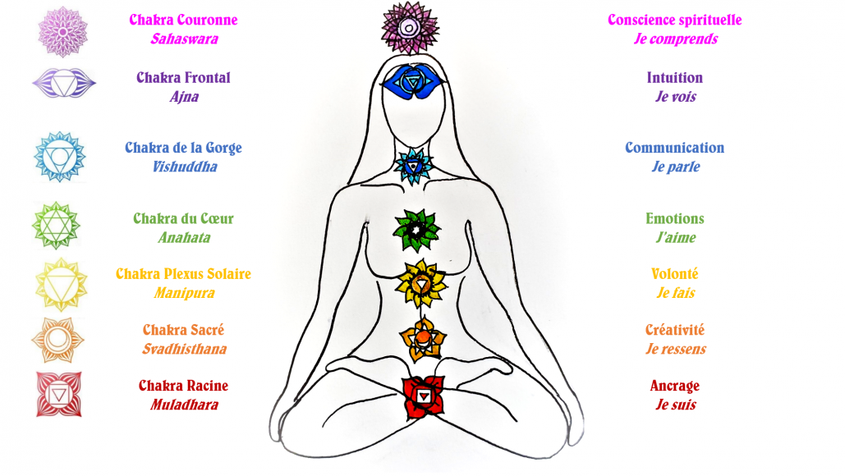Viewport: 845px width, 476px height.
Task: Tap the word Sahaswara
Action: [x=184, y=39]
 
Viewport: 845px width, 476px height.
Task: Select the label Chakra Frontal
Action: [x=183, y=78]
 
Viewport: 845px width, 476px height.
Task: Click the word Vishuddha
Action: [x=184, y=167]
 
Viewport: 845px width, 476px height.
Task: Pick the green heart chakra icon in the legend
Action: [x=55, y=224]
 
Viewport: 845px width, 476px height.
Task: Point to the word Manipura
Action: [x=183, y=293]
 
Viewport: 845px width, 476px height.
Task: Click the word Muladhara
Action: [x=184, y=405]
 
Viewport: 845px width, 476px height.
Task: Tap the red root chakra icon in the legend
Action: [x=58, y=393]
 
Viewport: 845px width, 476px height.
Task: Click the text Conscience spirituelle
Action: [x=675, y=20]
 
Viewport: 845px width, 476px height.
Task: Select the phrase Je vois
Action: [x=675, y=97]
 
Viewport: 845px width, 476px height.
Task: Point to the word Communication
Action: [x=674, y=149]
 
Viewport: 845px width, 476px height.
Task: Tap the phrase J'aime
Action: [x=675, y=238]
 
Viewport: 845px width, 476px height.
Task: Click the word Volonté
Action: [x=674, y=274]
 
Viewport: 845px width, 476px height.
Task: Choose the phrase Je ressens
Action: [x=675, y=349]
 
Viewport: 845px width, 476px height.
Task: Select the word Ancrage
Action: [x=674, y=386]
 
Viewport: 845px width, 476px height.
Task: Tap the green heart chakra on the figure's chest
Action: [x=417, y=229]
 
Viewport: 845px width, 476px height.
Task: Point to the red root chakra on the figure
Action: [x=422, y=396]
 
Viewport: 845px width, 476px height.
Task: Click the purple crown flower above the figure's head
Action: [x=408, y=27]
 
